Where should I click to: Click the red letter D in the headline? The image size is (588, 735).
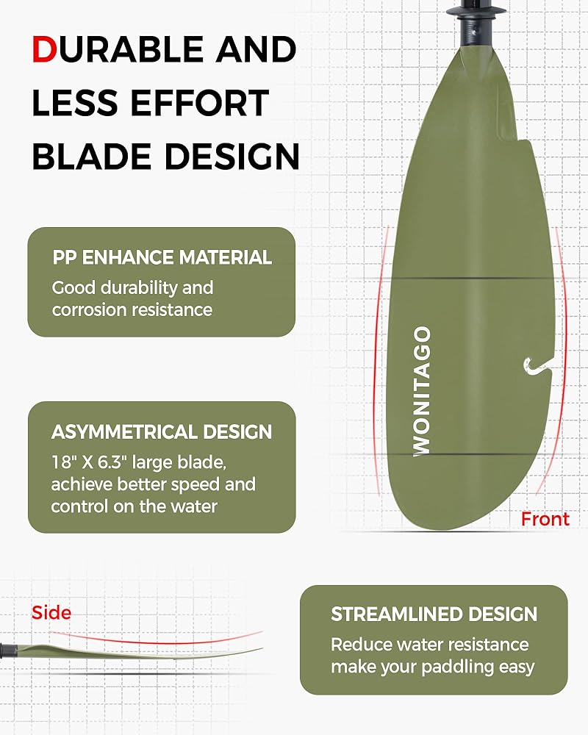point(44,49)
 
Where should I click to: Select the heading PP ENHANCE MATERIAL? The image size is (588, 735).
point(162,257)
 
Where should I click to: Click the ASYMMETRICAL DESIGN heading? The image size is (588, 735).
point(162,431)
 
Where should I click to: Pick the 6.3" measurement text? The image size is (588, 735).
point(112,462)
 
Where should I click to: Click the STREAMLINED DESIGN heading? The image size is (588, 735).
point(434,614)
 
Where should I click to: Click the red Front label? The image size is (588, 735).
point(545,519)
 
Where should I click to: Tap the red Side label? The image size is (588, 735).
point(51,613)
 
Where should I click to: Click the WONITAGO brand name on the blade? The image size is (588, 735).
point(422,391)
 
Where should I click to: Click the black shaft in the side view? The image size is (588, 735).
point(8,650)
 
